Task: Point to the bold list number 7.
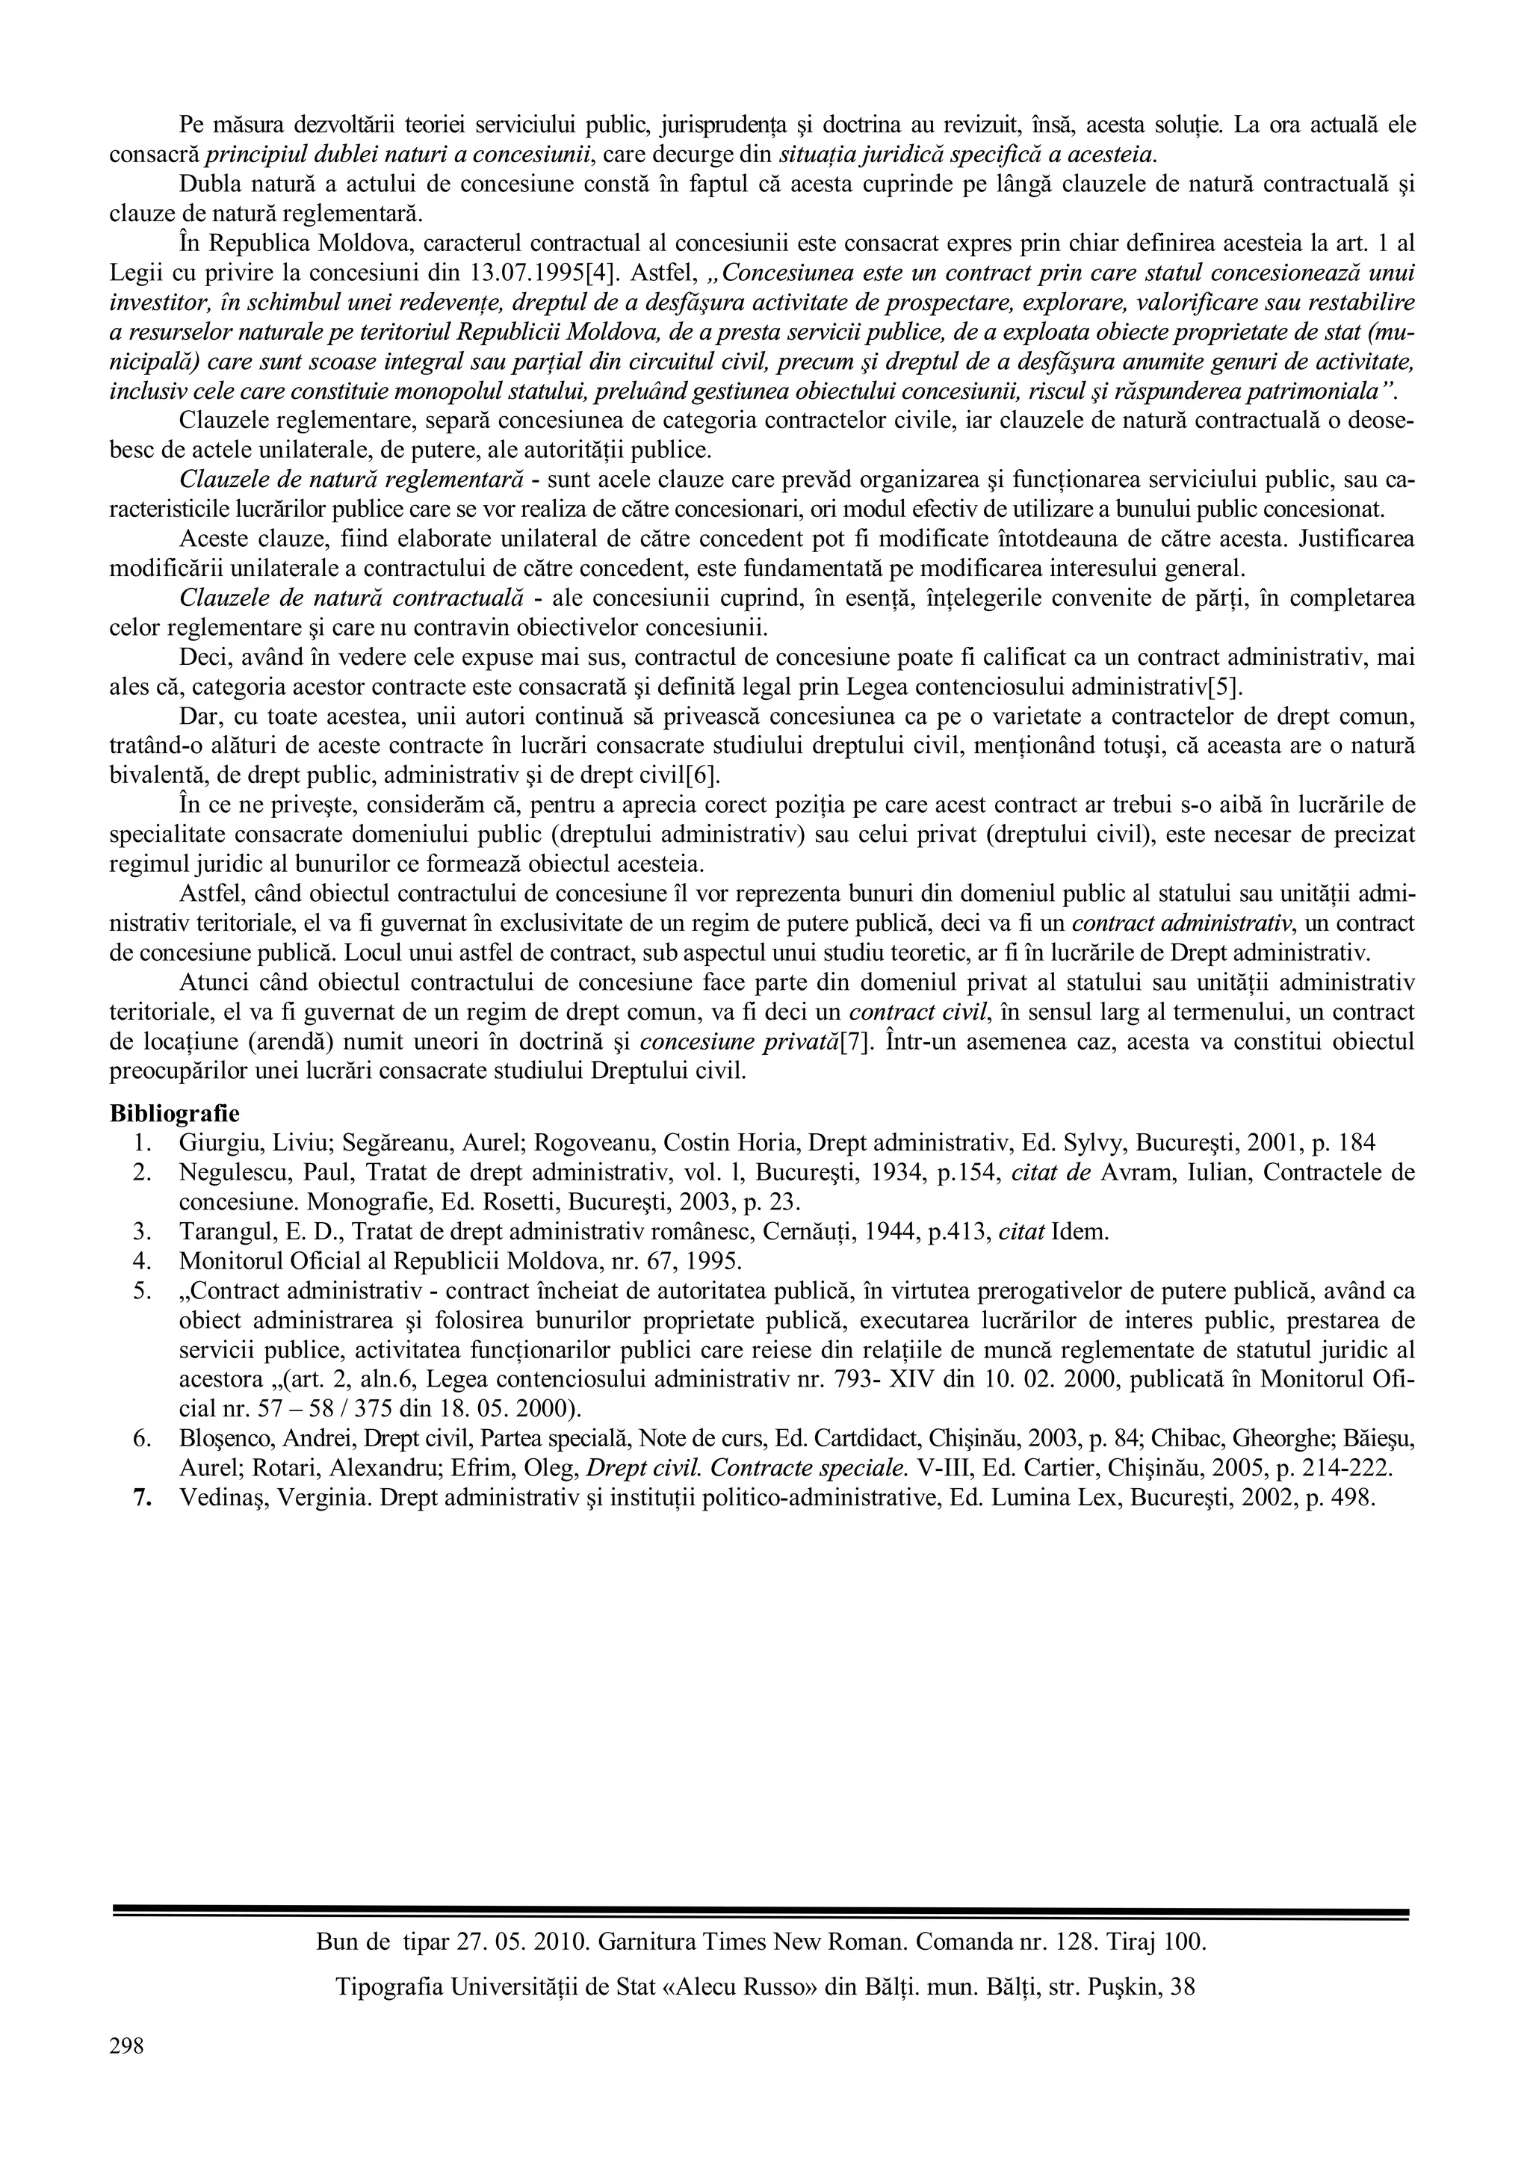point(143,1499)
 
